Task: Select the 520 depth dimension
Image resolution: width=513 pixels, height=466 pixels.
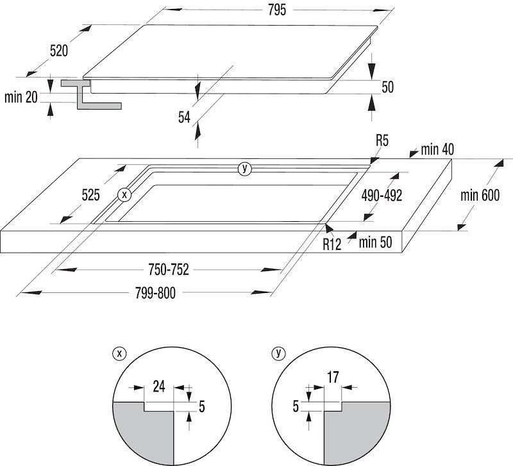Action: (x=58, y=51)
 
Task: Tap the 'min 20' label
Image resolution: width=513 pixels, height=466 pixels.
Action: (x=21, y=97)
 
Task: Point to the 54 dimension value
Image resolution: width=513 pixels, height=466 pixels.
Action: (x=185, y=117)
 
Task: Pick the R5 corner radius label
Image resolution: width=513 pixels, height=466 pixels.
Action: (x=383, y=140)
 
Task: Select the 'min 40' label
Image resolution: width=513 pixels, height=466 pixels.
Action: (x=437, y=150)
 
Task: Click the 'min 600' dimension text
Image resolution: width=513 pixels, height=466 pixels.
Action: (x=480, y=196)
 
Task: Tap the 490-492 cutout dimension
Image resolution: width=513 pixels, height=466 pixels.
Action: (x=381, y=196)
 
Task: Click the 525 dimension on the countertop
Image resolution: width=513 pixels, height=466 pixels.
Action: (x=90, y=196)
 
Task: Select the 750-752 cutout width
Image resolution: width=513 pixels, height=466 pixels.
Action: (x=167, y=270)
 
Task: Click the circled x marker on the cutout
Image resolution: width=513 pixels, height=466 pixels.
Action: (x=125, y=194)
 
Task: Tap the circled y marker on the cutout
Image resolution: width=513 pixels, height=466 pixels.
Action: (x=244, y=169)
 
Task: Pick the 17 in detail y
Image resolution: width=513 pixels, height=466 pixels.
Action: (x=333, y=378)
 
